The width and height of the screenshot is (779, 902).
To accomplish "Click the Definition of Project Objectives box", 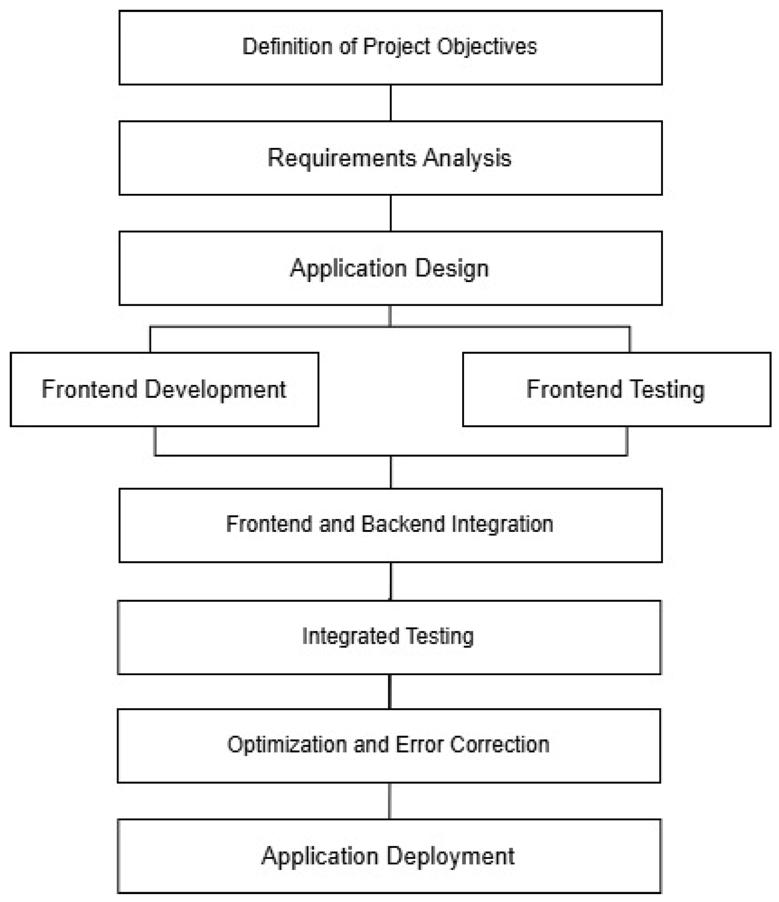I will (390, 47).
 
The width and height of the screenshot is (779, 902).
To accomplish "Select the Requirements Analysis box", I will (390, 158).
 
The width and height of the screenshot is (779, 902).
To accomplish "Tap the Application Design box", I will (390, 268).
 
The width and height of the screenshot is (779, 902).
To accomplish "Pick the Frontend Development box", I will (164, 389).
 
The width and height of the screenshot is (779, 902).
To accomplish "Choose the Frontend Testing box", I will (616, 389).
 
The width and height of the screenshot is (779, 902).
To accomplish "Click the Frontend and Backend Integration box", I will (390, 525).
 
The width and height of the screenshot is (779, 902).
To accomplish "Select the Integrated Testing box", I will (389, 637).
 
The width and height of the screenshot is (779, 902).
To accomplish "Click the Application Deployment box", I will (389, 856).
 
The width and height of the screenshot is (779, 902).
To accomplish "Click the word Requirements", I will (342, 158).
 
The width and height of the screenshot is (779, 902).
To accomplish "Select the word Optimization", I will (287, 744).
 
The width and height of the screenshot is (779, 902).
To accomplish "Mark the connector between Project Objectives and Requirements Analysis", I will (391, 103).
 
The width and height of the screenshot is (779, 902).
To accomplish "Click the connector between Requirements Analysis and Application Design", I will (391, 213).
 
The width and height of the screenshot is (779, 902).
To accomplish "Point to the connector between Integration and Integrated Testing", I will (391, 582).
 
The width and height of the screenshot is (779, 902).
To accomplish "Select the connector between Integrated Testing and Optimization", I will (390, 691).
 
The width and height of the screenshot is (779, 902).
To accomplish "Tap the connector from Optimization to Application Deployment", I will (389, 801).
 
